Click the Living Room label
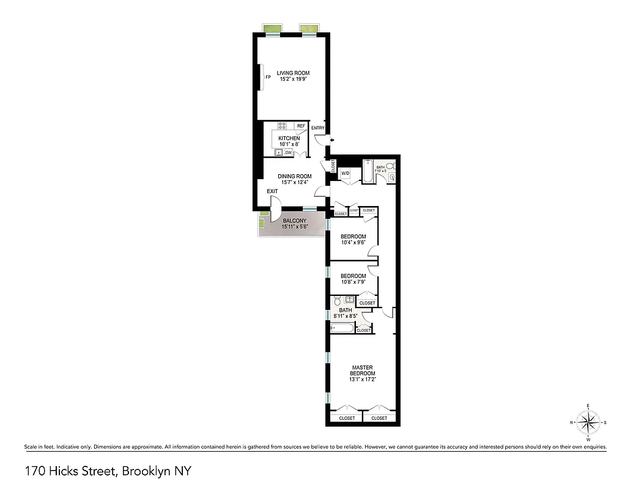click(x=293, y=73)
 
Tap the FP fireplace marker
click(x=268, y=78)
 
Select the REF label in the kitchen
click(x=301, y=126)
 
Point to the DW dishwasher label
click(x=288, y=153)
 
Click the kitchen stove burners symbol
click(x=282, y=126)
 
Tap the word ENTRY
click(x=318, y=128)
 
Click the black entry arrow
click(x=331, y=141)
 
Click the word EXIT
click(x=272, y=191)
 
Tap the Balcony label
click(x=294, y=221)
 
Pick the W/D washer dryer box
click(x=345, y=174)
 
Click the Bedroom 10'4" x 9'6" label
click(x=354, y=237)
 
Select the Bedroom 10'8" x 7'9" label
click(x=354, y=276)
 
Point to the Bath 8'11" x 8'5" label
click(x=346, y=311)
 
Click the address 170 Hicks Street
click(x=72, y=471)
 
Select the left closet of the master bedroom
click(x=346, y=418)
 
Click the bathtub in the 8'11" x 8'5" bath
click(x=342, y=328)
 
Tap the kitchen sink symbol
click(x=279, y=153)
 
